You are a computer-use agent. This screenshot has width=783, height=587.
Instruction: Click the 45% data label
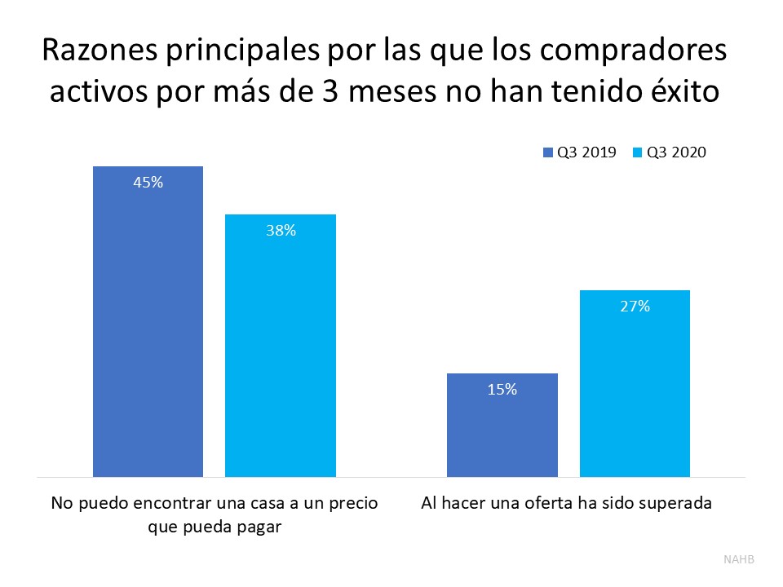(x=148, y=183)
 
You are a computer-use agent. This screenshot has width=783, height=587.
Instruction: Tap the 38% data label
(x=281, y=231)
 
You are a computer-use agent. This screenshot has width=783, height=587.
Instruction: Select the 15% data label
(x=502, y=390)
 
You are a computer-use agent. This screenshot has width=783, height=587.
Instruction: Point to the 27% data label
(x=635, y=307)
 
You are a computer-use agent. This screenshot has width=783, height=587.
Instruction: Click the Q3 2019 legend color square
(x=548, y=152)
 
